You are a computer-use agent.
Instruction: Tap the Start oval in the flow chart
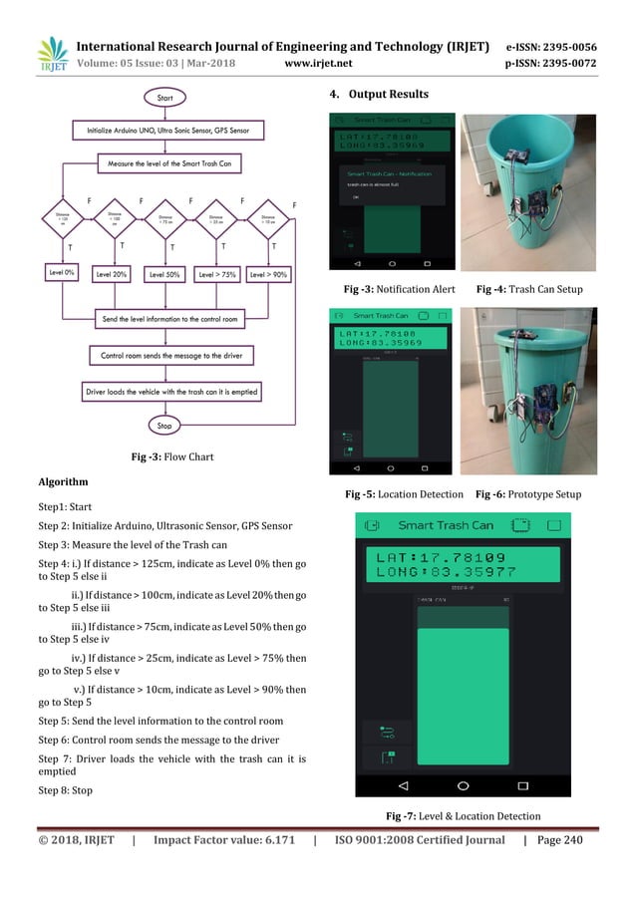click(165, 98)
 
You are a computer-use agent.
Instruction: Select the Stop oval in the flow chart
click(164, 426)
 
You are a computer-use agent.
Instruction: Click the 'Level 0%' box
click(62, 273)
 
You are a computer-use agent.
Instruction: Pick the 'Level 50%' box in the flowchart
click(165, 274)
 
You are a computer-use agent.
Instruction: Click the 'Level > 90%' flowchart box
click(269, 274)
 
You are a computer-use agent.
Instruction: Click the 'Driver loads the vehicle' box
click(171, 392)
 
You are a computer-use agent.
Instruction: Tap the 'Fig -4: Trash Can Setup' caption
click(528, 289)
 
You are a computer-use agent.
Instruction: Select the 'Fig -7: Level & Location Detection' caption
click(463, 817)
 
